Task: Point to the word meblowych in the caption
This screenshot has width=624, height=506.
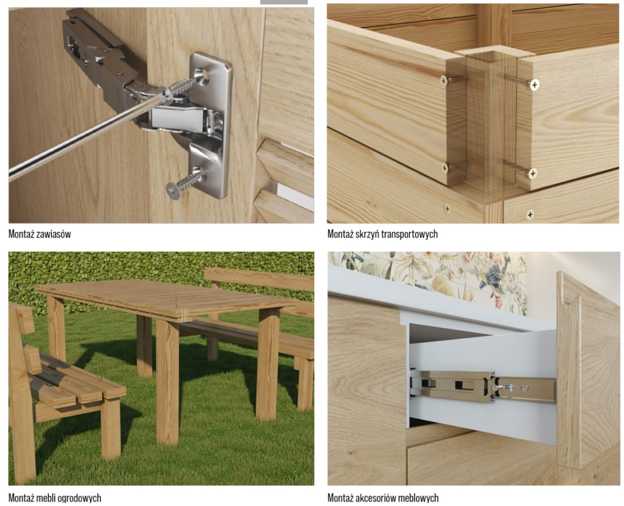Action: [x=415, y=498]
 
